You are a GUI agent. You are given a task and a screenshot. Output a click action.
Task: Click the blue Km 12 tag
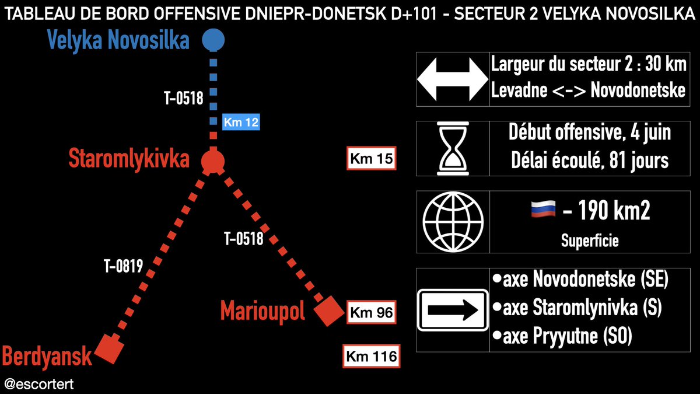tap(241, 123)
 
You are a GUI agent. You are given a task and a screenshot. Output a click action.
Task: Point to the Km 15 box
tap(372, 159)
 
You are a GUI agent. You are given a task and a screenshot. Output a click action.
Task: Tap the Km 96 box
tap(370, 312)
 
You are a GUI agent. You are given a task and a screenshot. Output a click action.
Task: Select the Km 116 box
tap(370, 355)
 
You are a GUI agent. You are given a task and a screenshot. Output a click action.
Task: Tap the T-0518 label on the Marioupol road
tap(244, 238)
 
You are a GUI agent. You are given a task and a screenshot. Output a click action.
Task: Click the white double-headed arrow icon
tap(453, 79)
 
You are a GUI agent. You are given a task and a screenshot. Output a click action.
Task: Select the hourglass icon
tap(453, 148)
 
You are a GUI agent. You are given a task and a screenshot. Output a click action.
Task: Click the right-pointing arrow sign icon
tap(453, 310)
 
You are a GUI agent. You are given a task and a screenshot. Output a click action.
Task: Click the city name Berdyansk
tap(47, 355)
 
